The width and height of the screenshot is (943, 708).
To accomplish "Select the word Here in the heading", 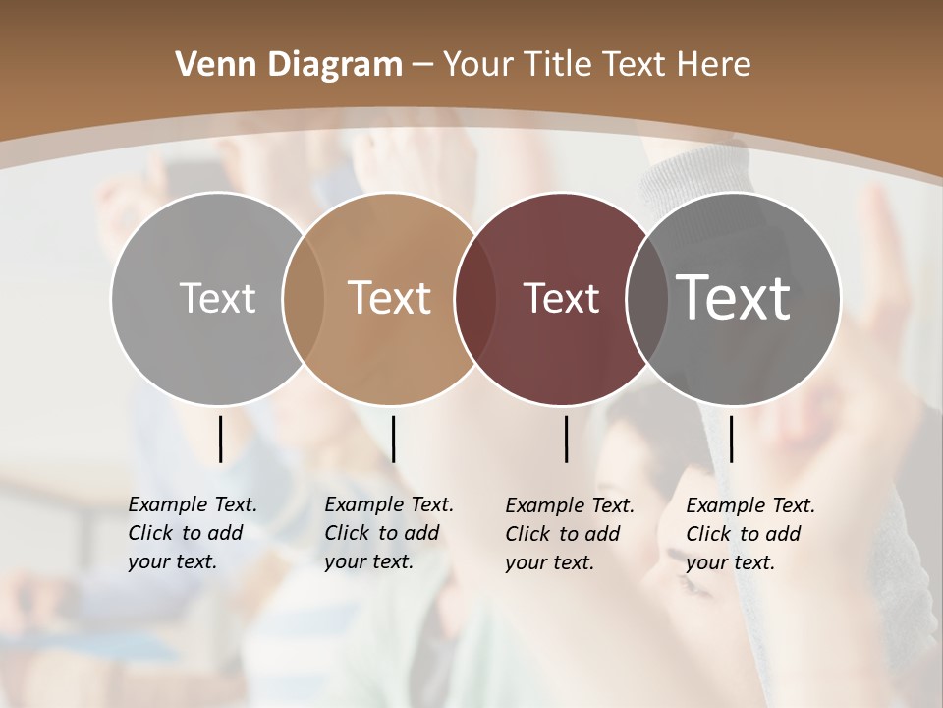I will [x=715, y=65].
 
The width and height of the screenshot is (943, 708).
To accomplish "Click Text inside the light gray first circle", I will [x=217, y=298].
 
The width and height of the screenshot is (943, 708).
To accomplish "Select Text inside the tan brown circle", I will [x=389, y=298].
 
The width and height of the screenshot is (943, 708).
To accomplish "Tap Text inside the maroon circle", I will [x=561, y=298].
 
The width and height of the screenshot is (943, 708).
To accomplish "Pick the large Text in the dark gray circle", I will [x=734, y=297].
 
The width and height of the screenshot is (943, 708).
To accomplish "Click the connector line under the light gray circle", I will [x=220, y=439].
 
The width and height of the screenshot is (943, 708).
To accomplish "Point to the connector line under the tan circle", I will [x=393, y=439].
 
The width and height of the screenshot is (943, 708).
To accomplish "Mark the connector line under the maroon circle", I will [x=567, y=439].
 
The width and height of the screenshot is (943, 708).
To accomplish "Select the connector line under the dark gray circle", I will [x=731, y=439].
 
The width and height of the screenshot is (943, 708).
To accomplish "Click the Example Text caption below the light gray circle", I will [x=192, y=533].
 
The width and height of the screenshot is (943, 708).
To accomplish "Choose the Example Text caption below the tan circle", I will [x=388, y=533].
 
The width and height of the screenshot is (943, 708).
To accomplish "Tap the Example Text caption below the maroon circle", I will [x=569, y=534].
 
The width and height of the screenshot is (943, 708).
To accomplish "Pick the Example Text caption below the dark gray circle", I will [x=749, y=534].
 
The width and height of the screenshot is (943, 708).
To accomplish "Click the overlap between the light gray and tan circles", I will [x=304, y=298].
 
